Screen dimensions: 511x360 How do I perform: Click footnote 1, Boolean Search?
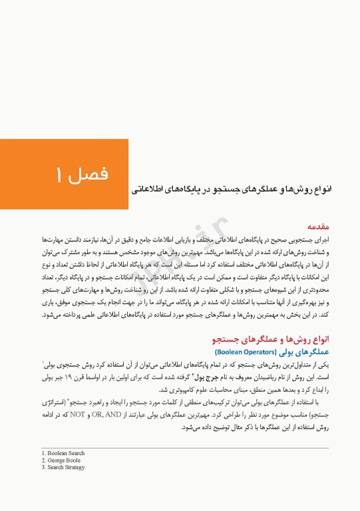click(x=63, y=453)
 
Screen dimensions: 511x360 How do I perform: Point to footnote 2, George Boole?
click(x=62, y=460)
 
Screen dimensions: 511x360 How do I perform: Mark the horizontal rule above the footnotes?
click(x=179, y=448)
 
